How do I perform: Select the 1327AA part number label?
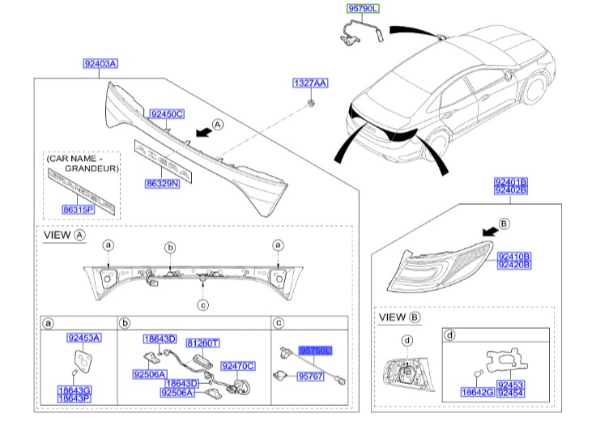pos(310,83)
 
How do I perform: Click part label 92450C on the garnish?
pos(167,114)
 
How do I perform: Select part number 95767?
pos(310,377)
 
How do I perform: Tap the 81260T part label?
pos(203,343)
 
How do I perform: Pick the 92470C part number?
pos(238,365)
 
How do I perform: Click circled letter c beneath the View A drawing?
pos(202,304)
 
